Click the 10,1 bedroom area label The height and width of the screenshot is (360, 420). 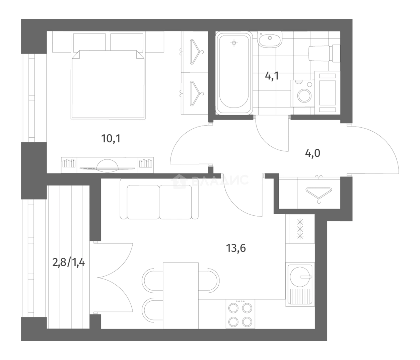111,139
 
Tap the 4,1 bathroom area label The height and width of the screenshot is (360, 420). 272,76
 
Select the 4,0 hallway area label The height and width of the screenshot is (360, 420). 312,153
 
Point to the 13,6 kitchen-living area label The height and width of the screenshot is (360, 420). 236,248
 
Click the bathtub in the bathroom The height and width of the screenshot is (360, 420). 234,73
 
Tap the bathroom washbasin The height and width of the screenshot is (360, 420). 270,40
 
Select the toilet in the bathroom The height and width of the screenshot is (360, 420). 324,54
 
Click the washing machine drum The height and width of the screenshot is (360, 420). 304,95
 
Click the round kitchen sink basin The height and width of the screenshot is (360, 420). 300,277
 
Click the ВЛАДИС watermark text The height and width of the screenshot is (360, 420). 219,180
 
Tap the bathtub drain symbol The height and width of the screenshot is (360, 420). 234,43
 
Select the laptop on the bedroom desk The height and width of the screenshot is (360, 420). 107,166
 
